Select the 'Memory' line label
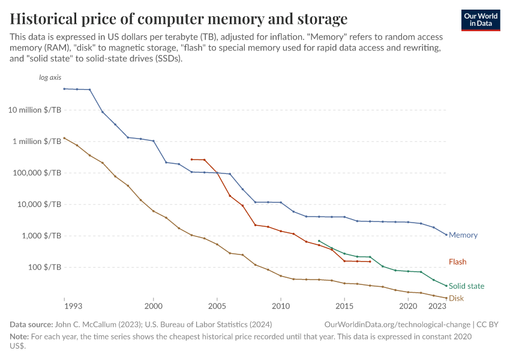click(x=463, y=235)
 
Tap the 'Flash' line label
click(x=457, y=262)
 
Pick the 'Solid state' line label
click(x=466, y=286)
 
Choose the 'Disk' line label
click(x=456, y=298)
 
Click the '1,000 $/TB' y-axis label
click(x=40, y=236)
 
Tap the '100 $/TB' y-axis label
click(x=43, y=267)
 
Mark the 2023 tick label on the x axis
click(x=437, y=306)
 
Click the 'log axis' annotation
click(x=50, y=77)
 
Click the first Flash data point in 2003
click(x=191, y=160)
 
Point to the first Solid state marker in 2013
click(x=319, y=241)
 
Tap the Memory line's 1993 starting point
click(x=64, y=89)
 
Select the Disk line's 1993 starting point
click(x=64, y=137)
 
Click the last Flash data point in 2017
click(x=370, y=262)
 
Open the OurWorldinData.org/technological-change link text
click(x=397, y=324)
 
